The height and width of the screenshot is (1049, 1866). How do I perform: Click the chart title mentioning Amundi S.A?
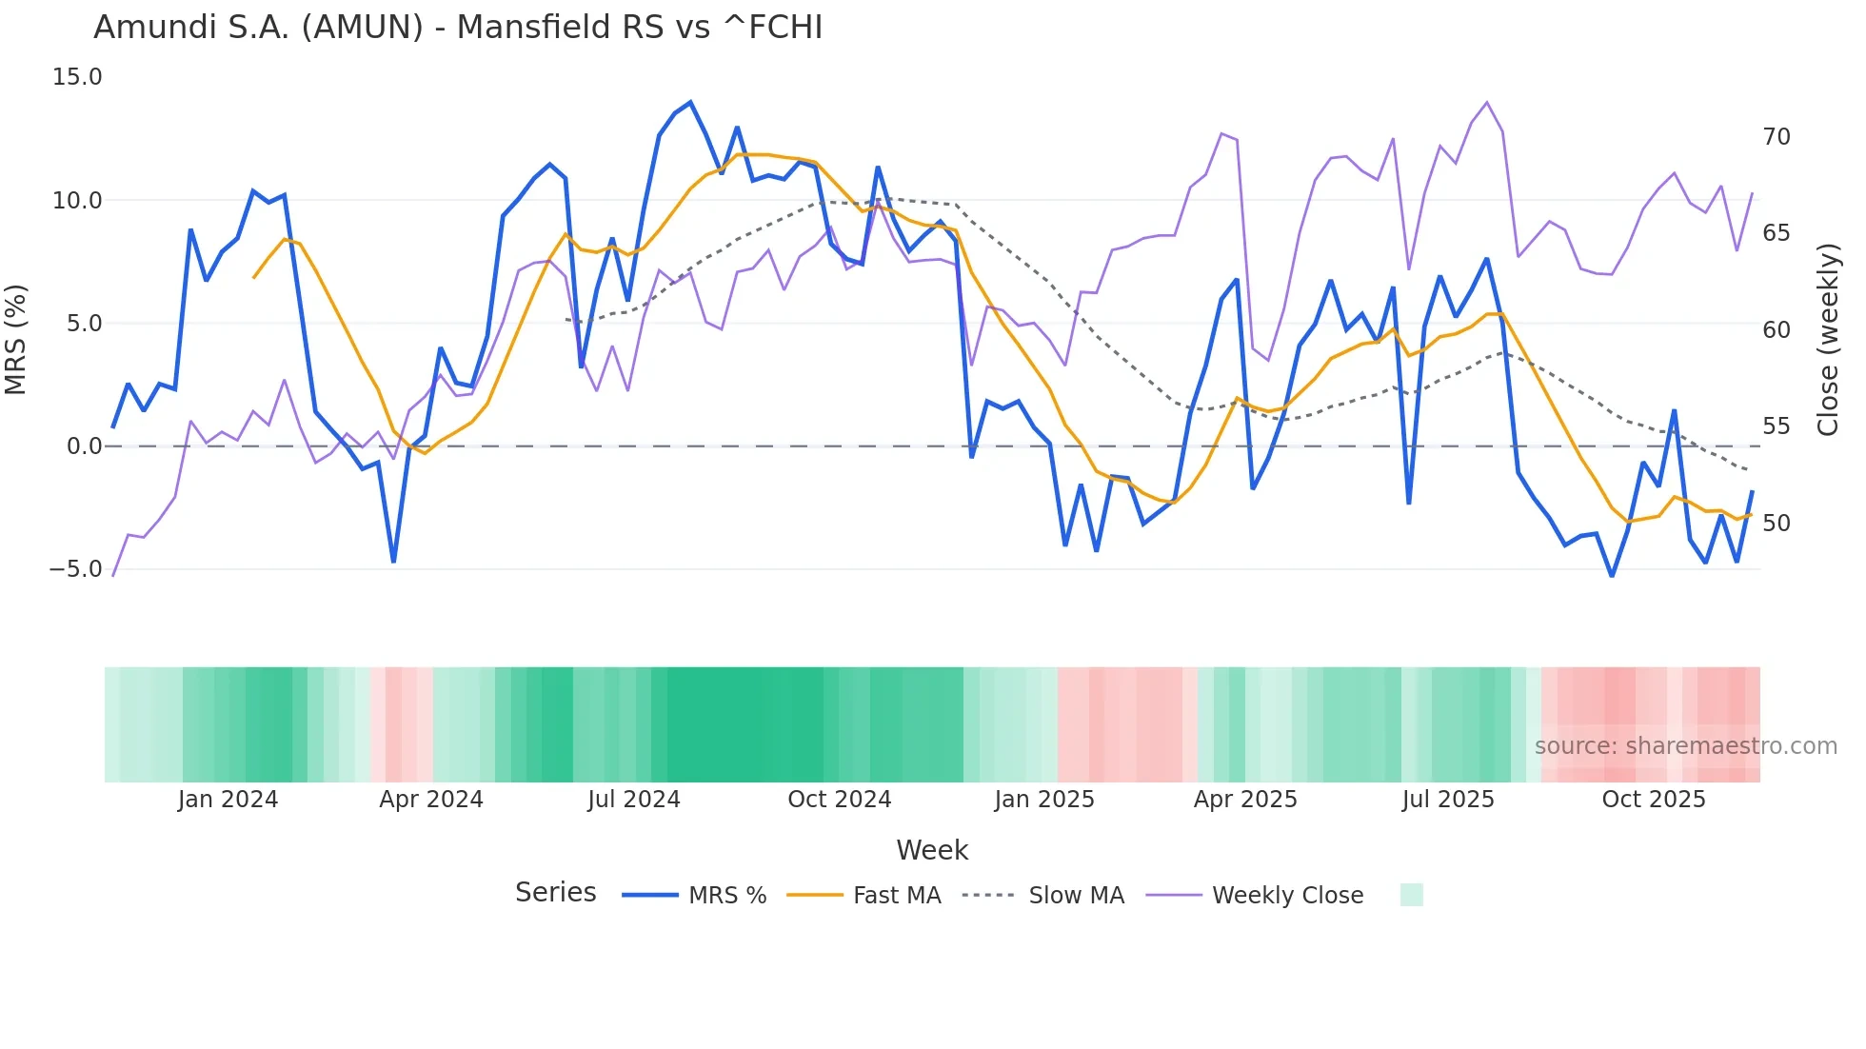[458, 28]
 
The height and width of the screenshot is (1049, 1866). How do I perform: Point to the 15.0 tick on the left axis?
[77, 77]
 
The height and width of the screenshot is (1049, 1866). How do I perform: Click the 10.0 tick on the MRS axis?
[77, 201]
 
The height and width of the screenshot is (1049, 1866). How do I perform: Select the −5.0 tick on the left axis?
[75, 569]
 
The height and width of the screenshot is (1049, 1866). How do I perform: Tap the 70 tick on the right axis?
[1776, 137]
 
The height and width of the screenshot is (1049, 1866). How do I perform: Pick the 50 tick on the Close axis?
[1776, 524]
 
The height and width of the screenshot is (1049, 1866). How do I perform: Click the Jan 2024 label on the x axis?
[228, 800]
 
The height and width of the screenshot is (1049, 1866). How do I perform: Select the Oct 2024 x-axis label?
[839, 800]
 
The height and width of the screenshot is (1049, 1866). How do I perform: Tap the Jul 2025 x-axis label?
[1447, 800]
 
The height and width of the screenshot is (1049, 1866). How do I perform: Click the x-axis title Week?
[932, 850]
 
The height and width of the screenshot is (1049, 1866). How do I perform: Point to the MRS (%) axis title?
[16, 340]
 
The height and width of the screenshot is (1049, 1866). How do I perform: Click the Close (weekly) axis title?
[1827, 340]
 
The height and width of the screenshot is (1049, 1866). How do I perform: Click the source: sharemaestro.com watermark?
[1685, 746]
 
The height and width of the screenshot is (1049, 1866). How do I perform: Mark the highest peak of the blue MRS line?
[690, 103]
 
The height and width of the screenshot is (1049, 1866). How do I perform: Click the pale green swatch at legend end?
[1411, 895]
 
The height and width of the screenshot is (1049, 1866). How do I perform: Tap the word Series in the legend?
[555, 893]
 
